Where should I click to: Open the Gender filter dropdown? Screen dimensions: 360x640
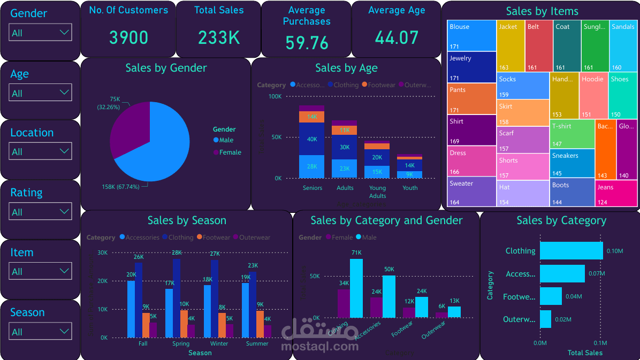point(41,33)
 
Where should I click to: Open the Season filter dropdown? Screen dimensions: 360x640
point(41,332)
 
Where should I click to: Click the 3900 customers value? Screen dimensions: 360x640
point(128,37)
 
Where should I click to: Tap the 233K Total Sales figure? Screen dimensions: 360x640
point(219,37)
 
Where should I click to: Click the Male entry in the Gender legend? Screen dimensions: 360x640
point(226,140)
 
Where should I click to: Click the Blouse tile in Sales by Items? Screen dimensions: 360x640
point(471,35)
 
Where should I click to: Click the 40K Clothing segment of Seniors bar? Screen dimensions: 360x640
point(311,139)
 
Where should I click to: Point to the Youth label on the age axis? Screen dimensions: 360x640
point(410,188)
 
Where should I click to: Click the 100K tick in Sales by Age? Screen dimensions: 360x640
point(275,96)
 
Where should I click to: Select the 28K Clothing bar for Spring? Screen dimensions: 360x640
point(177,297)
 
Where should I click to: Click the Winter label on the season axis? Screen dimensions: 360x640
point(219,343)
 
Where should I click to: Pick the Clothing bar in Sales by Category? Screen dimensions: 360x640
point(571,251)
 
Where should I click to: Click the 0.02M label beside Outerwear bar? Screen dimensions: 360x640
point(563,319)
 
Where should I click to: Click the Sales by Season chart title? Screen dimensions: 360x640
point(187,220)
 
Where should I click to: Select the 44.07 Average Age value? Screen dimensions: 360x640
point(397,37)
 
